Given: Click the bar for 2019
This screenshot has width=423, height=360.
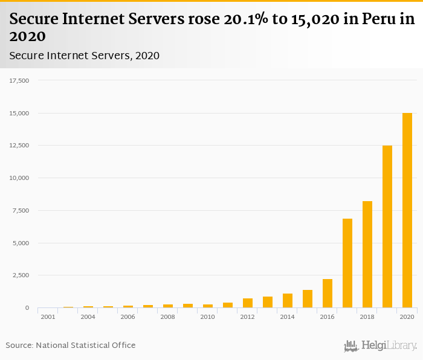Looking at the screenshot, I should pyautogui.click(x=387, y=227).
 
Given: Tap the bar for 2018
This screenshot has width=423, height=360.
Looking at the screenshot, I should pyautogui.click(x=367, y=254).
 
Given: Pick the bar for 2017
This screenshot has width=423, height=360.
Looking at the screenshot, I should pyautogui.click(x=347, y=263).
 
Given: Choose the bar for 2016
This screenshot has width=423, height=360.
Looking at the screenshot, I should pyautogui.click(x=328, y=294).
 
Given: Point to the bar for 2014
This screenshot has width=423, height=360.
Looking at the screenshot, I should pyautogui.click(x=288, y=301).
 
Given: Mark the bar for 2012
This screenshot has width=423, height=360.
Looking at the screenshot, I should pyautogui.click(x=248, y=303).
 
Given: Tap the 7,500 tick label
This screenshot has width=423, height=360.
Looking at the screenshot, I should pyautogui.click(x=20, y=210).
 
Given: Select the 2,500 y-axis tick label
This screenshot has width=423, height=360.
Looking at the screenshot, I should pyautogui.click(x=20, y=275).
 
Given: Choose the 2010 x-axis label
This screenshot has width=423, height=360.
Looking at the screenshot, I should pyautogui.click(x=207, y=317).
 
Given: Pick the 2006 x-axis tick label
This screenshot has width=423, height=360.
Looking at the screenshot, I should pyautogui.click(x=128, y=317).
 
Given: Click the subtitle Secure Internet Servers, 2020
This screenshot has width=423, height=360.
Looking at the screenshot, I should pyautogui.click(x=85, y=56).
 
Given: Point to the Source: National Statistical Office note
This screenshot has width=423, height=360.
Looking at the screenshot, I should pyautogui.click(x=71, y=346).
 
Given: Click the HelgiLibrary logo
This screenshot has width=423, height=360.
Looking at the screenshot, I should pyautogui.click(x=381, y=346).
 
